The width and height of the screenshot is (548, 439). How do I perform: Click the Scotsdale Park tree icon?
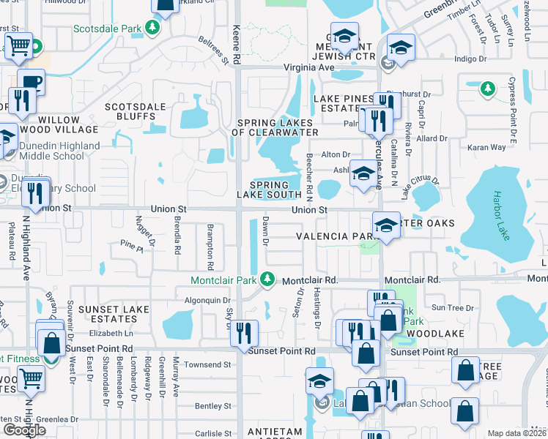pyautogui.click(x=152, y=29)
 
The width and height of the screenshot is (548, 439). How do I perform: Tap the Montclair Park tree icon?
pyautogui.click(x=268, y=279)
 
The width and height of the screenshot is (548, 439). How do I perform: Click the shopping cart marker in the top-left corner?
pyautogui.click(x=20, y=47)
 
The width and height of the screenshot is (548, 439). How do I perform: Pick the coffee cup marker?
pyautogui.click(x=31, y=82)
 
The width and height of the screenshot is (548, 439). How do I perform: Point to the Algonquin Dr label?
pyautogui.click(x=207, y=300)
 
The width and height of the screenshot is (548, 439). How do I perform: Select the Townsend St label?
pyautogui.click(x=207, y=364)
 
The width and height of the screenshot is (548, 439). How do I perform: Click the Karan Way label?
pyautogui.click(x=487, y=147)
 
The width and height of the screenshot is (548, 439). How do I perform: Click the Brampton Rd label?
pyautogui.click(x=210, y=241)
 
